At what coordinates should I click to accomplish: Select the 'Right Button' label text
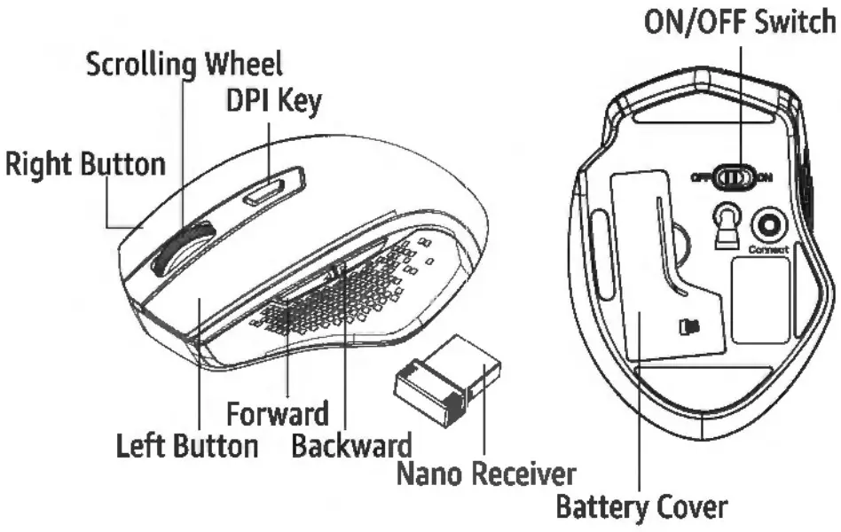(x=85, y=164)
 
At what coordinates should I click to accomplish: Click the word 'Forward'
(x=278, y=413)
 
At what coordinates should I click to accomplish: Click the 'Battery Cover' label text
(x=641, y=508)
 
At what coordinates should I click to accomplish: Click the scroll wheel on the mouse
(x=182, y=247)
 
